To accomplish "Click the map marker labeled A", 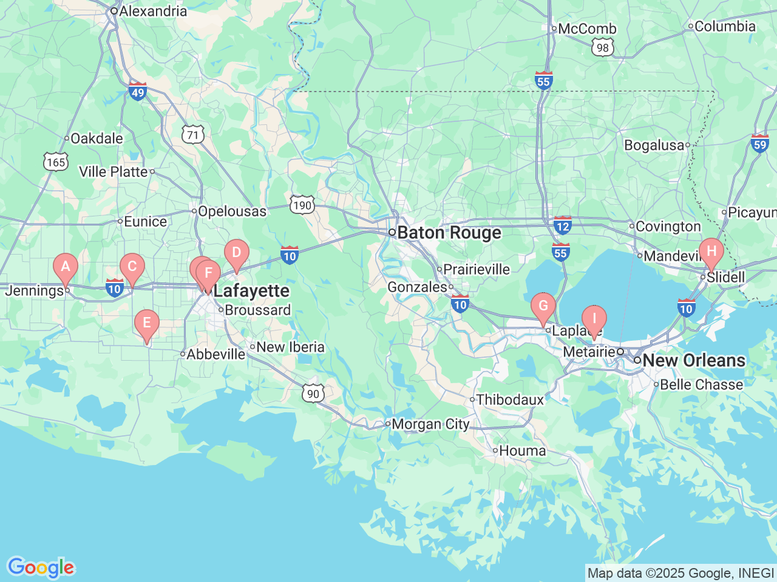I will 66,267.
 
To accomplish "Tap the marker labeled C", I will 132,267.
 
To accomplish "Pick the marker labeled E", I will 146,323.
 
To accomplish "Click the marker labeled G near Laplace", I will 543,306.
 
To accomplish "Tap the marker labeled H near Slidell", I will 711,252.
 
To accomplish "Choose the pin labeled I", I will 594,319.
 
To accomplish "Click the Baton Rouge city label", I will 449,233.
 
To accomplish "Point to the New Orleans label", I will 693,360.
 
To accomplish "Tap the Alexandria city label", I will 152,11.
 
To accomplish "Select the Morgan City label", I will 430,424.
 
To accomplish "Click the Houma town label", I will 522,450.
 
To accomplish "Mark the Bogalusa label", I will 654,145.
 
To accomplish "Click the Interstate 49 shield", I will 138,92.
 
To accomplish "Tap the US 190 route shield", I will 302,205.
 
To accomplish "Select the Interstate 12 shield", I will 563,226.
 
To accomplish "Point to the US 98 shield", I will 602,48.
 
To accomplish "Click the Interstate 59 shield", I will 760,143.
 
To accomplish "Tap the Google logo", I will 41,568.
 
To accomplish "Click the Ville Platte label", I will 114,172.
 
